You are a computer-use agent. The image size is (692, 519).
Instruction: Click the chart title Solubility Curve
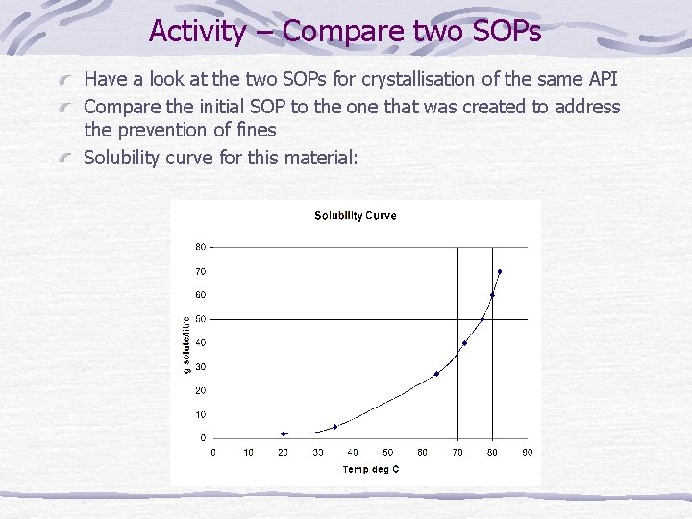tap(355, 215)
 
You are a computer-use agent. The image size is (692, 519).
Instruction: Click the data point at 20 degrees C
tap(284, 434)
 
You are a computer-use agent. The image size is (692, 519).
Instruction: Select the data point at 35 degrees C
tap(335, 427)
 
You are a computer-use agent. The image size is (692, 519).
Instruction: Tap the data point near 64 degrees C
tap(436, 374)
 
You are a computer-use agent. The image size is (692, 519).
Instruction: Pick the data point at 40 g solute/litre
tap(464, 343)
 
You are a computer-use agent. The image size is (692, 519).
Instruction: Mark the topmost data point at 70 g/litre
tap(500, 272)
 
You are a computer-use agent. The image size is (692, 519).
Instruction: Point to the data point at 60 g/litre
tap(492, 295)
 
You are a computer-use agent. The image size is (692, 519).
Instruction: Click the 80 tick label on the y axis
tap(201, 247)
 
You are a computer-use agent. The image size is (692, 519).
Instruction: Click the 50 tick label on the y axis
tap(201, 319)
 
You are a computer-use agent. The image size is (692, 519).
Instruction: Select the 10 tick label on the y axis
tap(201, 414)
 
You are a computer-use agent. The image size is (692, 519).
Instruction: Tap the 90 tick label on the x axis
tap(527, 452)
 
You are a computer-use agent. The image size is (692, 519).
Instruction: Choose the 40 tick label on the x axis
tap(353, 452)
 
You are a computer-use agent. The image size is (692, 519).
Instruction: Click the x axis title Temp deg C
tap(371, 469)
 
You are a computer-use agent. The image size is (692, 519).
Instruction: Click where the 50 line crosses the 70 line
tap(458, 319)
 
